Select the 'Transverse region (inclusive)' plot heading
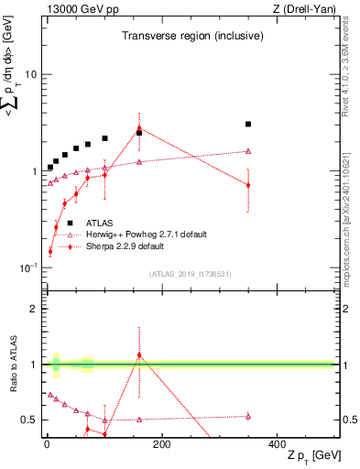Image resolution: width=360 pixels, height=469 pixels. (x=193, y=37)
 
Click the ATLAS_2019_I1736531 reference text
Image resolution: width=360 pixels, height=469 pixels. (x=190, y=274)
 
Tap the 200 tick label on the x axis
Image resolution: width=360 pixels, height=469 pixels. (x=161, y=444)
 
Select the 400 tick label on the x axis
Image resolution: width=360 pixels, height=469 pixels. (x=277, y=444)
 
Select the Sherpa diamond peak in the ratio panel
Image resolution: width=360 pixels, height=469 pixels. (x=139, y=354)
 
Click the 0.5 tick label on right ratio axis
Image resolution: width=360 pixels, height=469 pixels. (x=349, y=420)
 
